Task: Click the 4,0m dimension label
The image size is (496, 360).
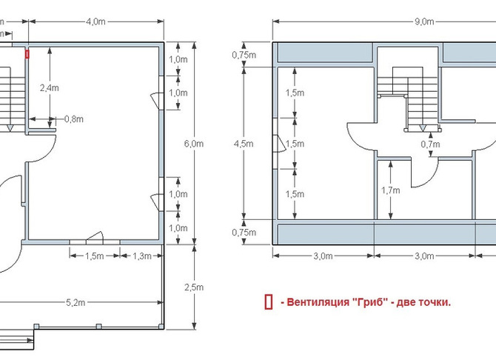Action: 95,21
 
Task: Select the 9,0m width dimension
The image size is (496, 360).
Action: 424,21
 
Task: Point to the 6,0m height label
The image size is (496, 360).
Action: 194,144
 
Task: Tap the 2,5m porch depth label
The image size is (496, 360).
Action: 194,287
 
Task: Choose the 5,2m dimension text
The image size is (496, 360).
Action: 76,303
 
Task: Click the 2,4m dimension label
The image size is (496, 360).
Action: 50,87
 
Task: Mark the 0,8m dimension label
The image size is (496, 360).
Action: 74,119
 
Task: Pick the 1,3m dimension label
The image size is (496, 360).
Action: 142,256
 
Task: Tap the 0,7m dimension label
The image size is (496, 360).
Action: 430,144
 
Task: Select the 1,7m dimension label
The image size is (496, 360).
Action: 390,190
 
